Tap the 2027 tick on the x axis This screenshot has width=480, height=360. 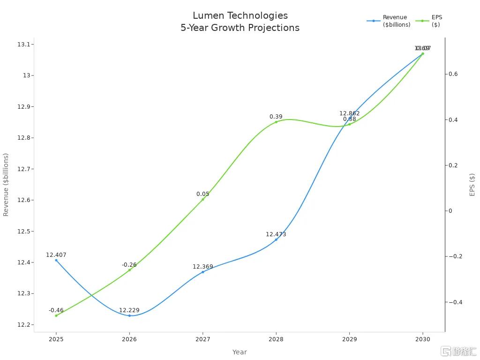[x=202, y=339]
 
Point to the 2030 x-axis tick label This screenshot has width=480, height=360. [x=423, y=339]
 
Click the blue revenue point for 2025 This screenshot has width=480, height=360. [x=56, y=260]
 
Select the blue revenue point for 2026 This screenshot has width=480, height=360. [x=129, y=315]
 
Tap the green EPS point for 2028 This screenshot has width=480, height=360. [x=276, y=122]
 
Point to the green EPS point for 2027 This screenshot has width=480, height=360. [x=203, y=199]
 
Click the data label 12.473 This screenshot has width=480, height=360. [x=276, y=234]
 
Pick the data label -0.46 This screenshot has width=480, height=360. [x=56, y=310]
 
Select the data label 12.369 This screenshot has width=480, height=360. [x=202, y=267]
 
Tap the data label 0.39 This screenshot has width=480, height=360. [x=276, y=117]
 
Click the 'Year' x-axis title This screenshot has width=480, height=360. [x=240, y=352]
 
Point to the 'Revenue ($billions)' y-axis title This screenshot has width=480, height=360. [x=6, y=185]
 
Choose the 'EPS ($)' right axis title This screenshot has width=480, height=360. [x=472, y=185]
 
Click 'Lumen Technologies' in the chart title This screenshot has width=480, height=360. [x=240, y=16]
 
